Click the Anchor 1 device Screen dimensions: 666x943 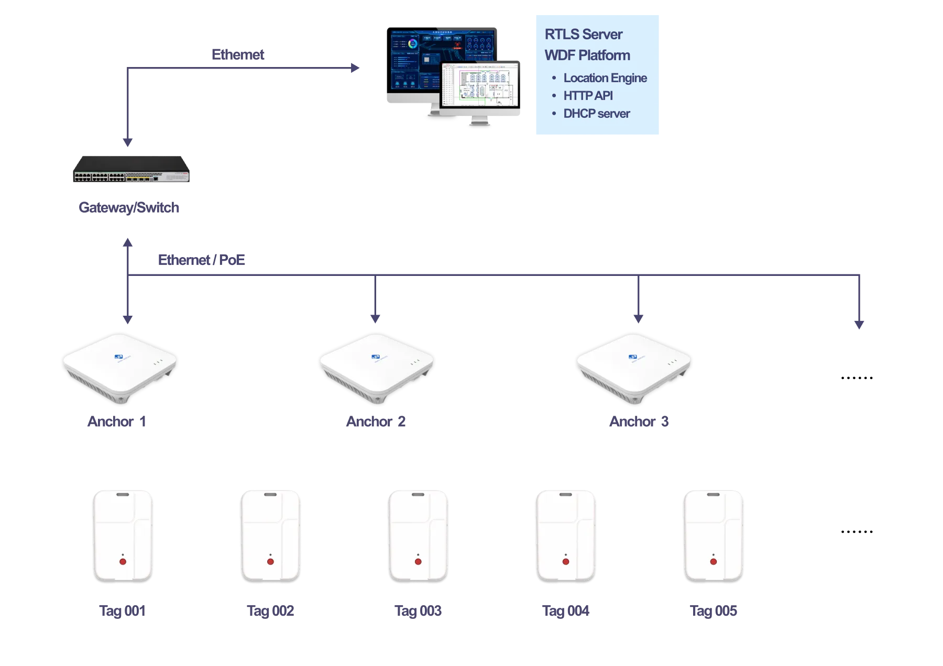pos(120,367)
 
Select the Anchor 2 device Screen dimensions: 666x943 pos(377,367)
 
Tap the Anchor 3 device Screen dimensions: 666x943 pos(633,367)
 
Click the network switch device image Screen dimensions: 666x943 pos(131,170)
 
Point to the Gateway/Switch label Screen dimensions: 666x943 pos(129,207)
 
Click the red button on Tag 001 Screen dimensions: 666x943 pos(123,562)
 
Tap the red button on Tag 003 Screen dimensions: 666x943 pos(418,562)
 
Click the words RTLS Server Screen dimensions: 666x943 pos(583,35)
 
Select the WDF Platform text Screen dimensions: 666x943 pos(587,56)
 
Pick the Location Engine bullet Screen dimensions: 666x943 pos(605,78)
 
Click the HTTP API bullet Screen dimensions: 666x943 pos(588,96)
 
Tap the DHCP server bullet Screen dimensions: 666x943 pos(596,114)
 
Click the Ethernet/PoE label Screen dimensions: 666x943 pos(202,260)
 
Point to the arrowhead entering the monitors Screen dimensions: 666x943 pos(355,68)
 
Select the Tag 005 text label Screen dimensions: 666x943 pos(714,611)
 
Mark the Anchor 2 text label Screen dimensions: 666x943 pos(376,421)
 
